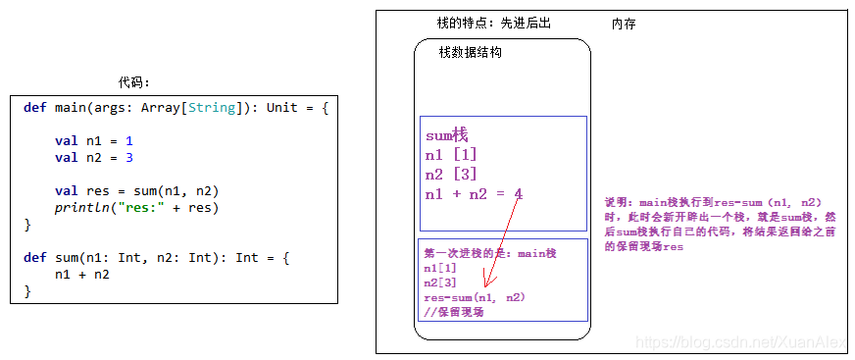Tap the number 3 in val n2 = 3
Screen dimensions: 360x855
[x=128, y=157]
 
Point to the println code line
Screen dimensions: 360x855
[x=136, y=207]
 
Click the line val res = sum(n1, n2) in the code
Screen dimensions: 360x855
[x=136, y=191]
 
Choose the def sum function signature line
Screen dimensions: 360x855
[x=158, y=258]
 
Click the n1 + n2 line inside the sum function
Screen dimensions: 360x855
[x=81, y=275]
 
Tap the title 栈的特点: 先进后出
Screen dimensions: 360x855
[x=493, y=23]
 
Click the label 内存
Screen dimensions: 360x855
[x=624, y=24]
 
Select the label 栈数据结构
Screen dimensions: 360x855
[x=471, y=53]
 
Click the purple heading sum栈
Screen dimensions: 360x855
[x=447, y=136]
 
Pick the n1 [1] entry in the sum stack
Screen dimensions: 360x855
[x=451, y=155]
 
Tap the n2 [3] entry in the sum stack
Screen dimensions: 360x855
[x=451, y=175]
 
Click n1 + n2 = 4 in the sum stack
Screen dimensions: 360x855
[x=474, y=194]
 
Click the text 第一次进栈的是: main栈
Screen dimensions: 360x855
[x=489, y=253]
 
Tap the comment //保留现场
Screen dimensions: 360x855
[x=453, y=312]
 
